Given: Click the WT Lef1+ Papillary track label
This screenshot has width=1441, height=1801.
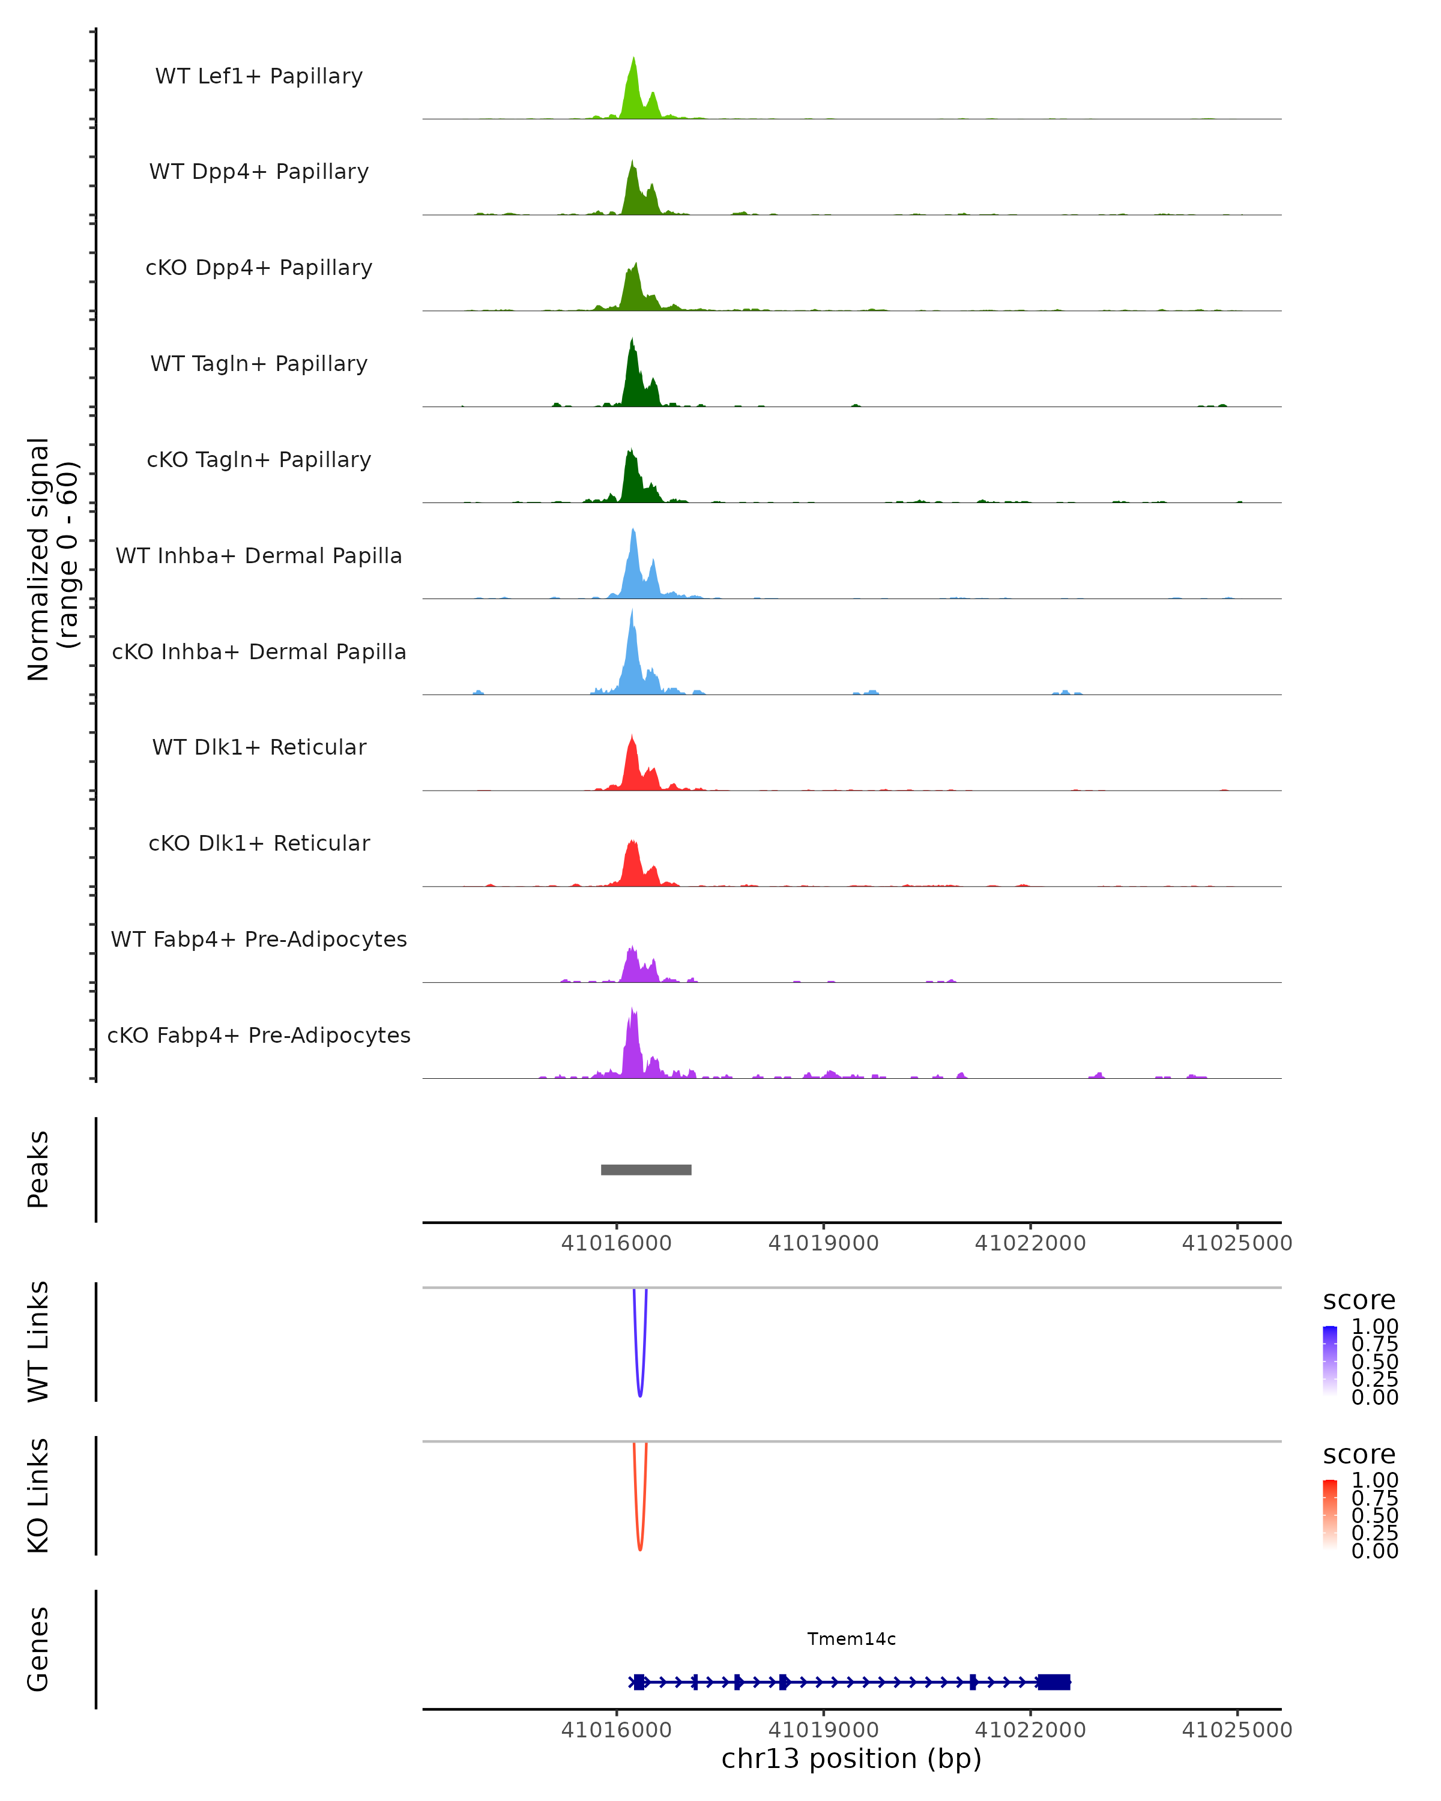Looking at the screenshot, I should (259, 76).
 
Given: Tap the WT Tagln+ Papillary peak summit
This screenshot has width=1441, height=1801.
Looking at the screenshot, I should (632, 343).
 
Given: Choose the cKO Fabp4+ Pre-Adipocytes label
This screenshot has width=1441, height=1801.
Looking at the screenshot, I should (259, 1035).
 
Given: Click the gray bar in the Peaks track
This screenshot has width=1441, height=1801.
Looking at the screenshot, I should (645, 1169).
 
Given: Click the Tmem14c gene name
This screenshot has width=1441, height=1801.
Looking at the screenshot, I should (851, 1639).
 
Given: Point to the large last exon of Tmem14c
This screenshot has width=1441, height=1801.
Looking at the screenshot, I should (1053, 1682).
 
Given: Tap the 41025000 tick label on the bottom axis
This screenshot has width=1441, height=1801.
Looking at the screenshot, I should (1236, 1730).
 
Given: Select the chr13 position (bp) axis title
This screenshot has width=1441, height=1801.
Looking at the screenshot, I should (851, 1758).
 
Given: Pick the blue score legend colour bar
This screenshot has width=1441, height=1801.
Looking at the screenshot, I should (1330, 1360).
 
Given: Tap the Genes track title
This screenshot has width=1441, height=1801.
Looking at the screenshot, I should (38, 1649).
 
